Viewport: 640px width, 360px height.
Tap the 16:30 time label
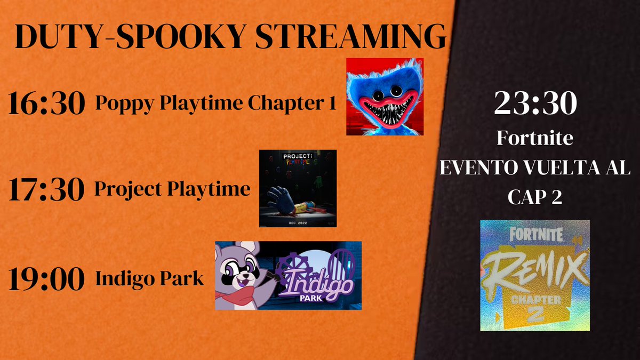(x=46, y=104)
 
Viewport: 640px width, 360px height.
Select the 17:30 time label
(x=46, y=190)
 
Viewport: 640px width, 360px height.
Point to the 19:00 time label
(x=46, y=279)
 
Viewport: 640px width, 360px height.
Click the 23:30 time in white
(x=535, y=103)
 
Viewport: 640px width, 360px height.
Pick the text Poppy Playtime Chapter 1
(x=216, y=104)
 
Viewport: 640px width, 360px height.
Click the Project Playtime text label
(x=172, y=189)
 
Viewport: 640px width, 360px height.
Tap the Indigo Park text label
(x=150, y=278)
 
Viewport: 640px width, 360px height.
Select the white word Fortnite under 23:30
(x=535, y=139)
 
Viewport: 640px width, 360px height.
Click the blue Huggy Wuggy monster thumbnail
(x=385, y=96)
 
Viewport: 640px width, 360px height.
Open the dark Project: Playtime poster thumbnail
(x=298, y=188)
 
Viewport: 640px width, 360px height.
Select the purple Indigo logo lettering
(x=319, y=283)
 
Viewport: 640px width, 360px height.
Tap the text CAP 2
(x=535, y=198)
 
